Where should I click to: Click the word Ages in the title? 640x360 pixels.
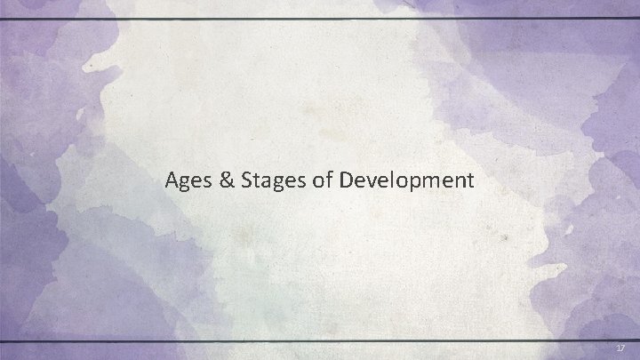[x=186, y=180]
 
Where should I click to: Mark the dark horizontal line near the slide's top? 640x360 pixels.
[x=320, y=18]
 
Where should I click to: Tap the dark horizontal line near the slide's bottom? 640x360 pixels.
[x=320, y=341]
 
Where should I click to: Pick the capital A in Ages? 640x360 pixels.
[x=172, y=180]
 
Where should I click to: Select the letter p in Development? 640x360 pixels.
[x=412, y=183]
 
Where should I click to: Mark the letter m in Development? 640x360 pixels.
[x=428, y=181]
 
